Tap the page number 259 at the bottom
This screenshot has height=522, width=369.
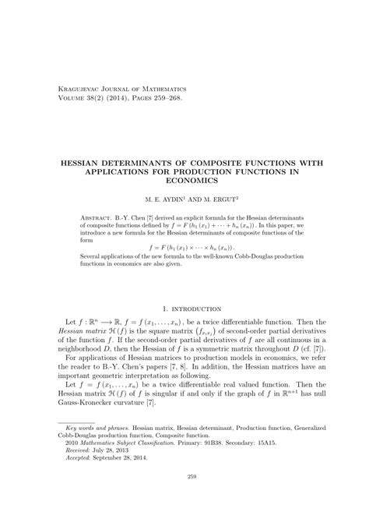pos(184,499)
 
